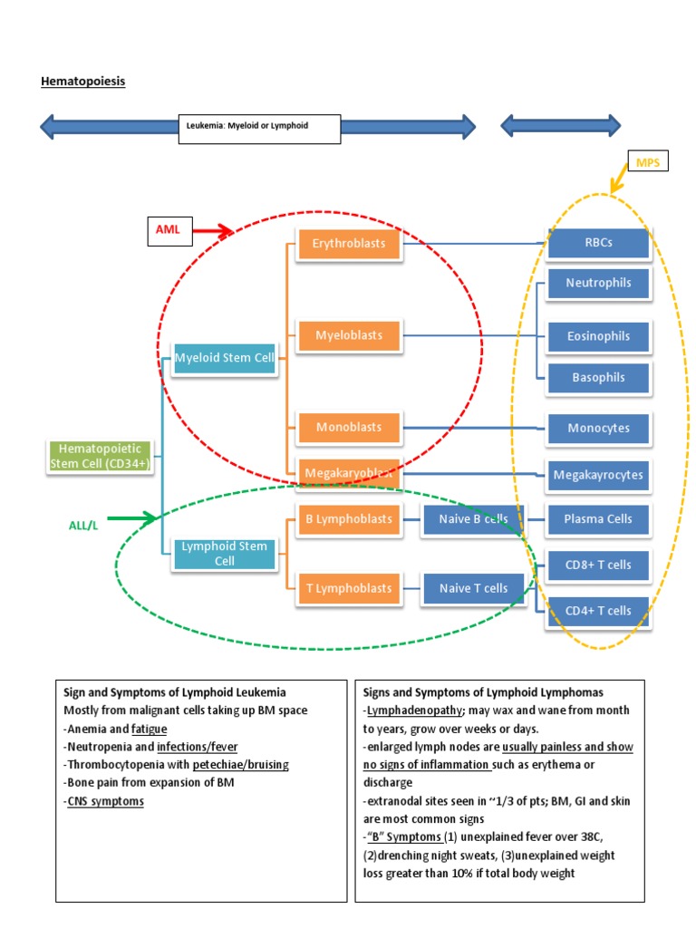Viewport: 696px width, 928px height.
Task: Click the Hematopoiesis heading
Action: [x=83, y=82]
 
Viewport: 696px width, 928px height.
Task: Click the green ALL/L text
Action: [x=82, y=525]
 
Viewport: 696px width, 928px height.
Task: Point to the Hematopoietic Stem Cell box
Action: [x=101, y=456]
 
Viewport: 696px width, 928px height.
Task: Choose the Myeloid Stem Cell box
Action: [x=224, y=358]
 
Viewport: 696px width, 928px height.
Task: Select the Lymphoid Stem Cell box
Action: [x=224, y=554]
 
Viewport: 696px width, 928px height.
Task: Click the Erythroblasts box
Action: [x=349, y=244]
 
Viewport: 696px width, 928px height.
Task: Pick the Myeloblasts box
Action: [x=349, y=335]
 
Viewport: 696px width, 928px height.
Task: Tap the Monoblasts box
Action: [x=349, y=427]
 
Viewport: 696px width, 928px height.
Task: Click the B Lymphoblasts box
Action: [x=349, y=519]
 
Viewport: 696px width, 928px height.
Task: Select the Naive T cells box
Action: [x=473, y=588]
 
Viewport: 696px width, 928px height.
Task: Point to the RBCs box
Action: [x=598, y=244]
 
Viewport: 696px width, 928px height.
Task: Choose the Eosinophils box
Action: [x=598, y=336]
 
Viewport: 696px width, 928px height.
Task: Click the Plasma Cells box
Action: [x=598, y=519]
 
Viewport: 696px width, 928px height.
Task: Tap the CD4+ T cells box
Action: [x=598, y=611]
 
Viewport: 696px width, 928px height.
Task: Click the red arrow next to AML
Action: [x=214, y=231]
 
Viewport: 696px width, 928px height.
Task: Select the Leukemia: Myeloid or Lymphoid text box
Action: [x=259, y=128]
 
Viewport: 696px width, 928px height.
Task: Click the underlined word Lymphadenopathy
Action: [x=415, y=710]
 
